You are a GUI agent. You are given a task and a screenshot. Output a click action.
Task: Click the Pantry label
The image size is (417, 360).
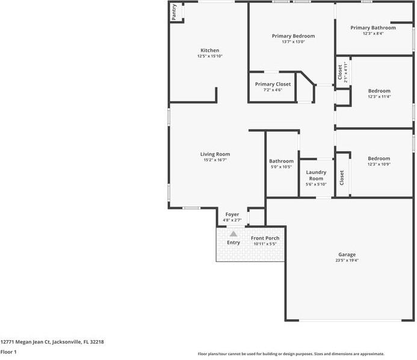point(174,13)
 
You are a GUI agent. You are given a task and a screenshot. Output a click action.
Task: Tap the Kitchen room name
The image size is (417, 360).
point(209,51)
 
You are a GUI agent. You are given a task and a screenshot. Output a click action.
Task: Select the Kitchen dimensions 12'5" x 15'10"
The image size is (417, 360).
point(209,57)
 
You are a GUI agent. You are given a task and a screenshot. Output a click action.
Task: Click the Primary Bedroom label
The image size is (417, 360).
point(293,36)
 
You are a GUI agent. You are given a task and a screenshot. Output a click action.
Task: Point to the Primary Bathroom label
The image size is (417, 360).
point(373,28)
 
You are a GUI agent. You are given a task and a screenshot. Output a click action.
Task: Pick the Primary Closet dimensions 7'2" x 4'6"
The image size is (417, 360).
point(273,90)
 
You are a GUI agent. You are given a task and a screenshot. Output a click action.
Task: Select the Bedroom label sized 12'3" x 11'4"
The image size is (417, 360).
point(379,91)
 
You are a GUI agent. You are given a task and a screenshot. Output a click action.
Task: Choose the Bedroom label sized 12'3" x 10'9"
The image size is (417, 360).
point(379,159)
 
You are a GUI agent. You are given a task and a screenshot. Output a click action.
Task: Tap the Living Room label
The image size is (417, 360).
point(215,154)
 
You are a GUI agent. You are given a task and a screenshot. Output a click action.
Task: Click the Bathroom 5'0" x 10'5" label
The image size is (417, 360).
point(281,161)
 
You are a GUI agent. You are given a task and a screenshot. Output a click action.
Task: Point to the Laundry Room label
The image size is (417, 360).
point(316,175)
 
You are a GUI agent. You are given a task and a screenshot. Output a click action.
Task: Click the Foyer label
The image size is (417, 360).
point(232,214)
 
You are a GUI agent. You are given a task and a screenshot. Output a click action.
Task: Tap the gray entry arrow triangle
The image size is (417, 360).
point(233,234)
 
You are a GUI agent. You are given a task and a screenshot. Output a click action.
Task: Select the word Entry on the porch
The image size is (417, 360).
point(233,243)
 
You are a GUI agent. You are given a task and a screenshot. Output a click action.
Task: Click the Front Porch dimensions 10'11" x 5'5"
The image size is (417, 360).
point(265,244)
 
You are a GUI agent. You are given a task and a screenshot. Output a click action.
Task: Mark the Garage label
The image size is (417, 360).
point(347,255)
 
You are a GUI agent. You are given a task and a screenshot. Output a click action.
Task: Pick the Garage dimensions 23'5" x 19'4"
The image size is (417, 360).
point(347,261)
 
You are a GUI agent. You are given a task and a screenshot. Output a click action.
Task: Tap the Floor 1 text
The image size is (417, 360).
point(8,352)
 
